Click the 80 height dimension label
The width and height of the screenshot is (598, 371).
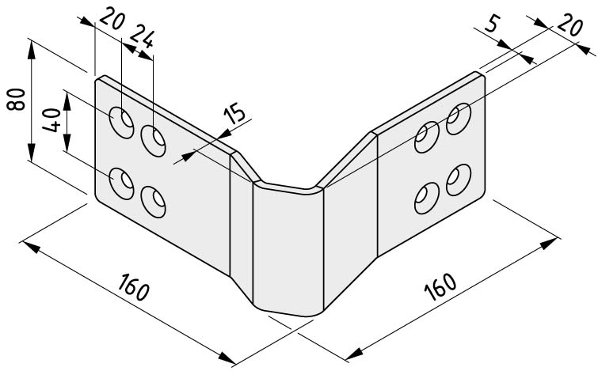16,100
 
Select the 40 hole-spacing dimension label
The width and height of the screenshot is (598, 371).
51,120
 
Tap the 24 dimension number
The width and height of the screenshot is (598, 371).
142,36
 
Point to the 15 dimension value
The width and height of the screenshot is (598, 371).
234,115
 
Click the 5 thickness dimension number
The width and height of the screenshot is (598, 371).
492,25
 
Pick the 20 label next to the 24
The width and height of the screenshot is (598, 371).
112,19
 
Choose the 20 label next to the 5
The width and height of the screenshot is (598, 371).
569,25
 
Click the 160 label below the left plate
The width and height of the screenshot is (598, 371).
133,286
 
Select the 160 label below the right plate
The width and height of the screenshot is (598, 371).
440,286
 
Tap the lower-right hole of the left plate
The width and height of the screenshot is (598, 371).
153,202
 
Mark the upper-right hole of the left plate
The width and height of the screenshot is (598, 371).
153,140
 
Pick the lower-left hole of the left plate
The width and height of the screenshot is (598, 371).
121,184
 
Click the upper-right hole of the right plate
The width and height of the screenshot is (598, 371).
459,119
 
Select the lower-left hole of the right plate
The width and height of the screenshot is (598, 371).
427,198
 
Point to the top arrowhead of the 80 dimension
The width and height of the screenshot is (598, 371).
31,50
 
